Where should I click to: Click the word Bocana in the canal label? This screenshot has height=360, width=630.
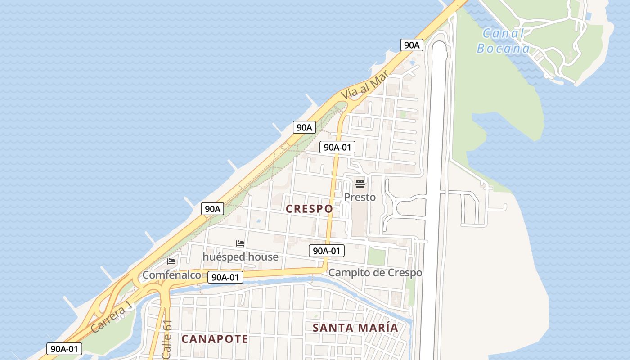tap(503, 48)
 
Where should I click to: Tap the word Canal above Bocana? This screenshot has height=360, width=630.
tap(503, 33)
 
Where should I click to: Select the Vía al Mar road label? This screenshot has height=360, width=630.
tap(364, 87)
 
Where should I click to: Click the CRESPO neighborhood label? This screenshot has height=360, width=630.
tap(310, 209)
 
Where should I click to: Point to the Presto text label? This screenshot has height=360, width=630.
tap(360, 197)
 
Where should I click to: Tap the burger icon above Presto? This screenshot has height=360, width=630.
tap(360, 184)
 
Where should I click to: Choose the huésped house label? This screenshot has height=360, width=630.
tap(240, 256)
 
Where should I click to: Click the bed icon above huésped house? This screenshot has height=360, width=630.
tap(240, 243)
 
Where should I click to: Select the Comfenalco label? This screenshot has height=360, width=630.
tap(171, 274)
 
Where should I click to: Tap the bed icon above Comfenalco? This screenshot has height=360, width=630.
tap(171, 261)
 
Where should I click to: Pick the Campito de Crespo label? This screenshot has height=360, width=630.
tap(375, 272)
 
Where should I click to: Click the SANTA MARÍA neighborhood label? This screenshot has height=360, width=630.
tap(355, 328)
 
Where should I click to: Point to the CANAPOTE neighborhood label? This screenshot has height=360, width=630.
tap(215, 339)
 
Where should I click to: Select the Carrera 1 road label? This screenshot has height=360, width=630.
tap(112, 316)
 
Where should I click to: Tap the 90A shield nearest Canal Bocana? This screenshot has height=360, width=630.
tap(412, 45)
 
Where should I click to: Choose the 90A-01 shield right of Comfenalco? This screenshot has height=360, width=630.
tap(225, 277)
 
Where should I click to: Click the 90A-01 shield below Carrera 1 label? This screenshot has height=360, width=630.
tap(64, 348)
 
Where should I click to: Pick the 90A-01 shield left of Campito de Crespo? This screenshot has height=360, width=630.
tap(326, 251)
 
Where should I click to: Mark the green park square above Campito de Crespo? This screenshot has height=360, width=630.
tap(377, 256)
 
